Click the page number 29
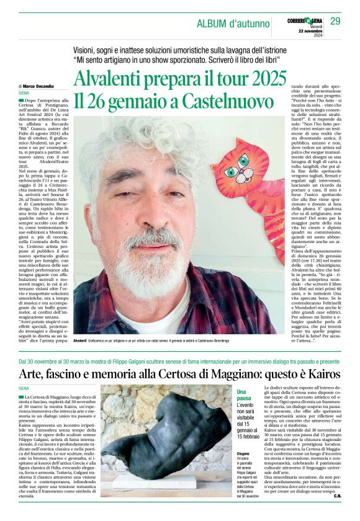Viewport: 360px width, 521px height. [x=335, y=22]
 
